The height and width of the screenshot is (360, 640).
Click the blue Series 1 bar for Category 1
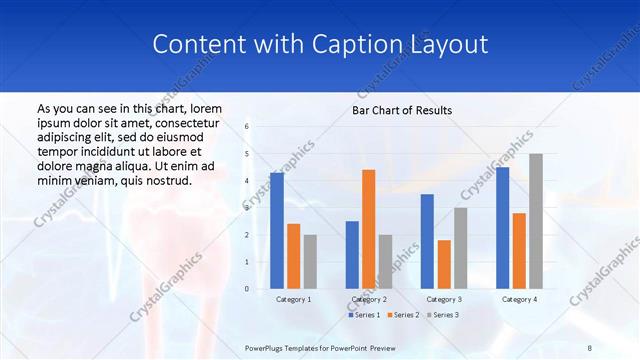277,231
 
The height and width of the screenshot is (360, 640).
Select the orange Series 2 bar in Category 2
368,229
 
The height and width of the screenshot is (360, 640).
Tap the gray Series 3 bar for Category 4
536,221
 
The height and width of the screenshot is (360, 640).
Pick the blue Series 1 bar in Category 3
427,241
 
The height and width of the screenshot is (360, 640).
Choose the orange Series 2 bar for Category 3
444,264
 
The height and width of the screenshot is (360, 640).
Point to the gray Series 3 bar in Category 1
310,261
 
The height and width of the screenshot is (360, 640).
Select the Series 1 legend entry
364,315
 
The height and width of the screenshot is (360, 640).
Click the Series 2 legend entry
402,315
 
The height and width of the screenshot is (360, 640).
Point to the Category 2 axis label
368,299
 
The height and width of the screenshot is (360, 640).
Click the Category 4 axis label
519,299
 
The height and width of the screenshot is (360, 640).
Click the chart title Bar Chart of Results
402,110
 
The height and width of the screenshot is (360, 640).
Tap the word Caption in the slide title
364,45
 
